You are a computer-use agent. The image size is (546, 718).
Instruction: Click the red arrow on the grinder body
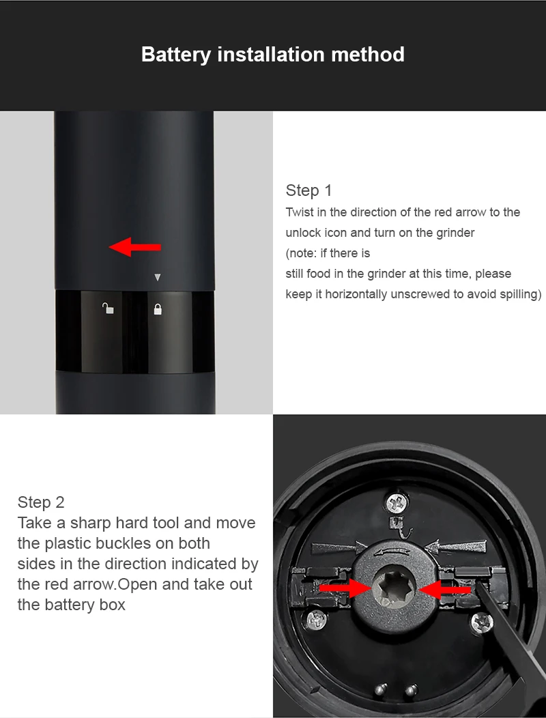[x=134, y=247]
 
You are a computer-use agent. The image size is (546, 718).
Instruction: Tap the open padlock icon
[x=108, y=308]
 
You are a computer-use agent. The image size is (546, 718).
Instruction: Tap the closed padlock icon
[x=158, y=310]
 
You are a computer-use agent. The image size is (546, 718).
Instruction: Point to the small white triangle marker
[x=158, y=277]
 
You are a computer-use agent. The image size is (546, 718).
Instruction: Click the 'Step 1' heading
[x=308, y=190]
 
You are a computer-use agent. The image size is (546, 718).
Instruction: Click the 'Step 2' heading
[x=41, y=502]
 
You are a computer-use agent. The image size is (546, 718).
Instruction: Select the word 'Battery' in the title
[x=176, y=55]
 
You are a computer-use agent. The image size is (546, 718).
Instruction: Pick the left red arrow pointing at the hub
[x=345, y=587]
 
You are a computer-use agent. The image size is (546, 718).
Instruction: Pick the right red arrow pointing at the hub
[x=444, y=589]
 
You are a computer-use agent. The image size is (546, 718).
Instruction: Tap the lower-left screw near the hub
[x=317, y=620]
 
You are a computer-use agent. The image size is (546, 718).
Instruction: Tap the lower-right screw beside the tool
[x=482, y=622]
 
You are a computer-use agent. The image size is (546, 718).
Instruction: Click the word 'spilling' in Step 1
[x=520, y=294]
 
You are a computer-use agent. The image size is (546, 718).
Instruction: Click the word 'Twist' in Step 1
[x=299, y=212]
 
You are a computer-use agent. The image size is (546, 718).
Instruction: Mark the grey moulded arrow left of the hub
[x=339, y=548]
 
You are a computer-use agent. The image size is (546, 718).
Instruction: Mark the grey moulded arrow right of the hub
[x=455, y=547]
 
